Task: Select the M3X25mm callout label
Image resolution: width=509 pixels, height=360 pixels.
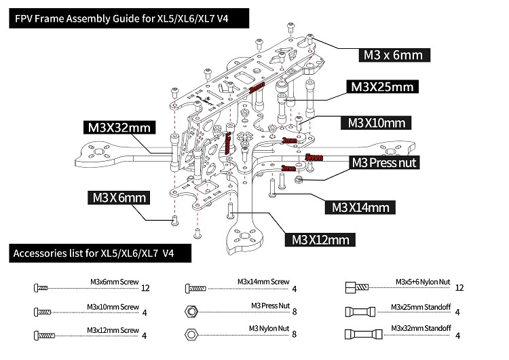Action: point(380,87)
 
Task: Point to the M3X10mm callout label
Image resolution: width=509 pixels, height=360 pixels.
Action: point(376,123)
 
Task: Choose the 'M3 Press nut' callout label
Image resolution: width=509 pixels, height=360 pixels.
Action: point(383,162)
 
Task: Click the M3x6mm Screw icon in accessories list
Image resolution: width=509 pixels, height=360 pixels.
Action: point(41,287)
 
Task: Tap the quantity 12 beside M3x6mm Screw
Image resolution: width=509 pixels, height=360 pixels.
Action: point(145,287)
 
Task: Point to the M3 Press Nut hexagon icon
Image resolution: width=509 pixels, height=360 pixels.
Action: point(191,310)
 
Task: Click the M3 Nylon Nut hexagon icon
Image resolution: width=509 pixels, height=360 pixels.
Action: point(191,334)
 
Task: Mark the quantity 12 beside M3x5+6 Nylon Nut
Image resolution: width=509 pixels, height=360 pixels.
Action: point(459,287)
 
